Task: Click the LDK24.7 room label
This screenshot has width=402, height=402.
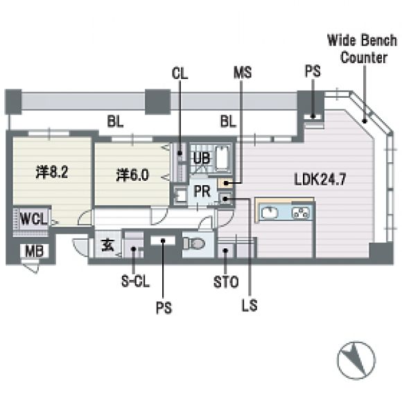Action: coord(320,179)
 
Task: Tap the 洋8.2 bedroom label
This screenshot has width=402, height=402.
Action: coord(52,172)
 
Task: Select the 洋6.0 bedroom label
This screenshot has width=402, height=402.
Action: coord(132,175)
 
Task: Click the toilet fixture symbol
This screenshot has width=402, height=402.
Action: coord(194,243)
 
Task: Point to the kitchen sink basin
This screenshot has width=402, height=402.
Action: coord(270,213)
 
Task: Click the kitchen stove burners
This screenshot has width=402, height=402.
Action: coord(301,213)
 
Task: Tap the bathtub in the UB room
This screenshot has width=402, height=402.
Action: coord(222,159)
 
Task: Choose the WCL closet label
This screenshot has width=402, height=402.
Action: coord(33,219)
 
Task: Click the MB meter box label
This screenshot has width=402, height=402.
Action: coord(34,251)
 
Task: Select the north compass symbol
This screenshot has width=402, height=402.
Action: coord(356,360)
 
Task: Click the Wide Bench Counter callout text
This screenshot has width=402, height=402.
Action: coord(362,49)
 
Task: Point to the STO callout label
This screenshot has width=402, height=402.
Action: coord(226,282)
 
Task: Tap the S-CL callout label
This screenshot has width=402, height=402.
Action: coord(135,281)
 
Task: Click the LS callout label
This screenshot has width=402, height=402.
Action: coord(250,305)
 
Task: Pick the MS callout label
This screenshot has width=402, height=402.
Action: coord(243,72)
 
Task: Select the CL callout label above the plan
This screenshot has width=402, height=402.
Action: coord(180,73)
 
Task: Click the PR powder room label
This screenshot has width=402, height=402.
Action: coord(202,191)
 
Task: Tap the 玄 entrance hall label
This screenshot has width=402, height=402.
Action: coord(107,245)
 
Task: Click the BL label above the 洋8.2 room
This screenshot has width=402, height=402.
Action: coord(115,121)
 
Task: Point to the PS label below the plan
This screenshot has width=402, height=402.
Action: coord(164,308)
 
